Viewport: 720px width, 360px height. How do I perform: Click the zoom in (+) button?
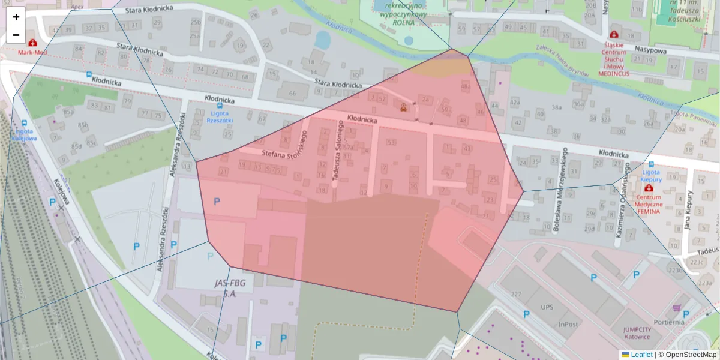16,17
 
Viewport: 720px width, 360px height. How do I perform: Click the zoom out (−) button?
16,35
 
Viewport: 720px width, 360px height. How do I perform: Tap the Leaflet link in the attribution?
641,355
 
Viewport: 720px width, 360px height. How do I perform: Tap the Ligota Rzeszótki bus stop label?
219,116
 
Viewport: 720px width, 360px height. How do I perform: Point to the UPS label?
547,307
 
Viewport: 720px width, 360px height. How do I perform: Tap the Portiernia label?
670,322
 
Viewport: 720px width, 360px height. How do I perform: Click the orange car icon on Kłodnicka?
404,108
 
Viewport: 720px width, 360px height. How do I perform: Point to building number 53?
391,142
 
